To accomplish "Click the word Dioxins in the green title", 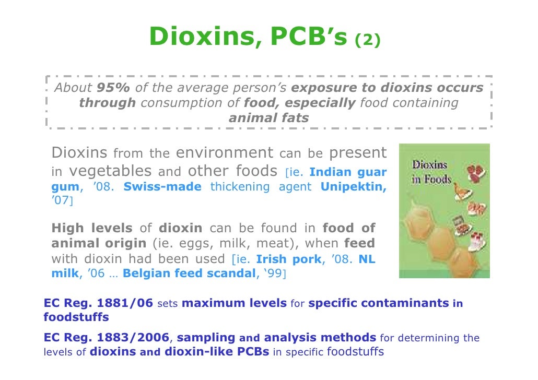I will click(x=201, y=37).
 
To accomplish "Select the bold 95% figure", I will click(x=114, y=88).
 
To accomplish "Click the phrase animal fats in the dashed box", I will click(x=268, y=118).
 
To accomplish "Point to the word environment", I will click(x=224, y=153).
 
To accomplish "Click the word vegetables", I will click(x=110, y=171).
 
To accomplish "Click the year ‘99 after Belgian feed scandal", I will click(x=273, y=274).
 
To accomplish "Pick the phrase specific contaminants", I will click(x=379, y=302).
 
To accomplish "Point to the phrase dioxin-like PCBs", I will click(x=217, y=351).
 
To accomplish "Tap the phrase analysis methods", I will click(x=320, y=338).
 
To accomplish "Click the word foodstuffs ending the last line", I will click(x=355, y=351).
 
